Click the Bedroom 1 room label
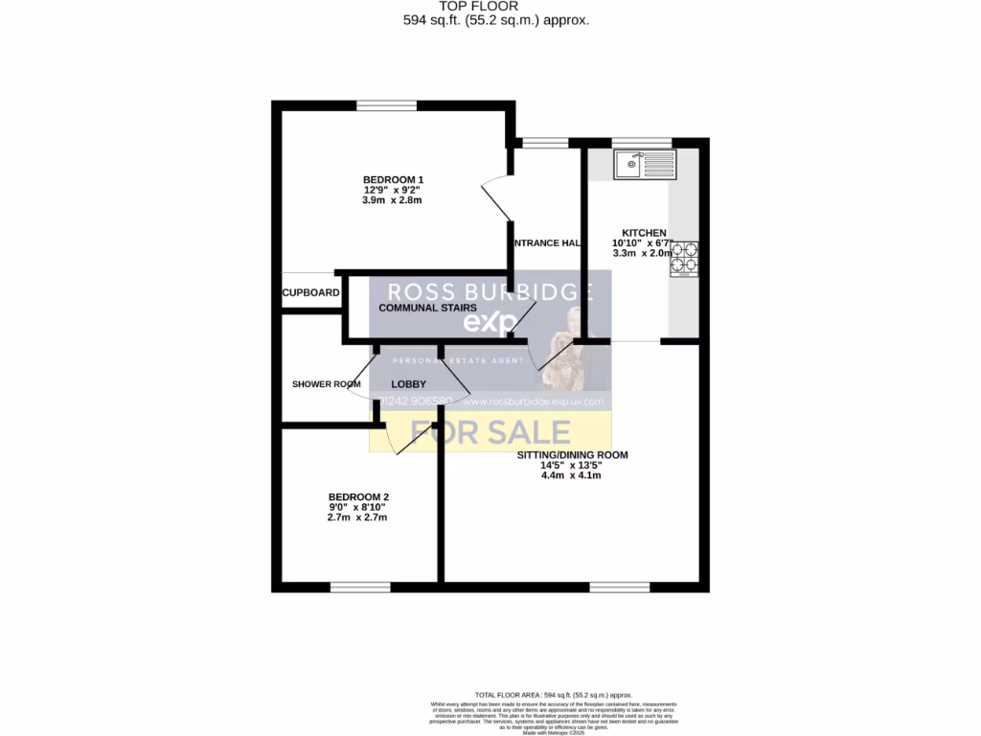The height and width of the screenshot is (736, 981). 393,180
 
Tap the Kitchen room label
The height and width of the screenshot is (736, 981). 644,233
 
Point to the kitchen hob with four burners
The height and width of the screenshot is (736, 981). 685,258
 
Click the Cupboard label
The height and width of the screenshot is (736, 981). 310,292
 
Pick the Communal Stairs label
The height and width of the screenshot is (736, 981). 427,308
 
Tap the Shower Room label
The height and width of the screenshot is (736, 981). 326,384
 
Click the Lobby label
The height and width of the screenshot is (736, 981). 408,384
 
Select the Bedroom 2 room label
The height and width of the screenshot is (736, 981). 358,496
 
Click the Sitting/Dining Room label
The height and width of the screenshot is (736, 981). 572,455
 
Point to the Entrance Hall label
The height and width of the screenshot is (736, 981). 547,243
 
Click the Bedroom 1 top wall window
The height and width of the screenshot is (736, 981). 387,105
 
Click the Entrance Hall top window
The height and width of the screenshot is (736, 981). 545,144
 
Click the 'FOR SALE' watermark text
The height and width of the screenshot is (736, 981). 490,433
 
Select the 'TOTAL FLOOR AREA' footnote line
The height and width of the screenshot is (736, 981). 554,695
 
